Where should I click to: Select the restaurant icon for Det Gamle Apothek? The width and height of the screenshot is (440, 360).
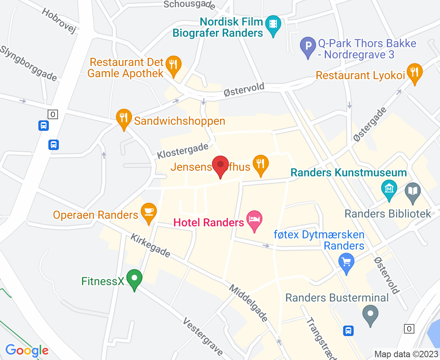[x=173, y=64]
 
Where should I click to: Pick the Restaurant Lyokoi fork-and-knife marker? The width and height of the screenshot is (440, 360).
[x=414, y=72]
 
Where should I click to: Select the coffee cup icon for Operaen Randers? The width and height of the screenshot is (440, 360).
[x=149, y=210]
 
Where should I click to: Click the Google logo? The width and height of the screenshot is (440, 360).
[x=27, y=350]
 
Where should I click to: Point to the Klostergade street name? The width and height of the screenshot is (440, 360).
[x=182, y=151]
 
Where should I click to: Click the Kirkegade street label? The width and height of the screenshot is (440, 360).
[x=150, y=246]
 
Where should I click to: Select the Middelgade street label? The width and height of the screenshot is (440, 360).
[x=248, y=303]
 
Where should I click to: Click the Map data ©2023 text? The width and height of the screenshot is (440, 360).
[x=406, y=354]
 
